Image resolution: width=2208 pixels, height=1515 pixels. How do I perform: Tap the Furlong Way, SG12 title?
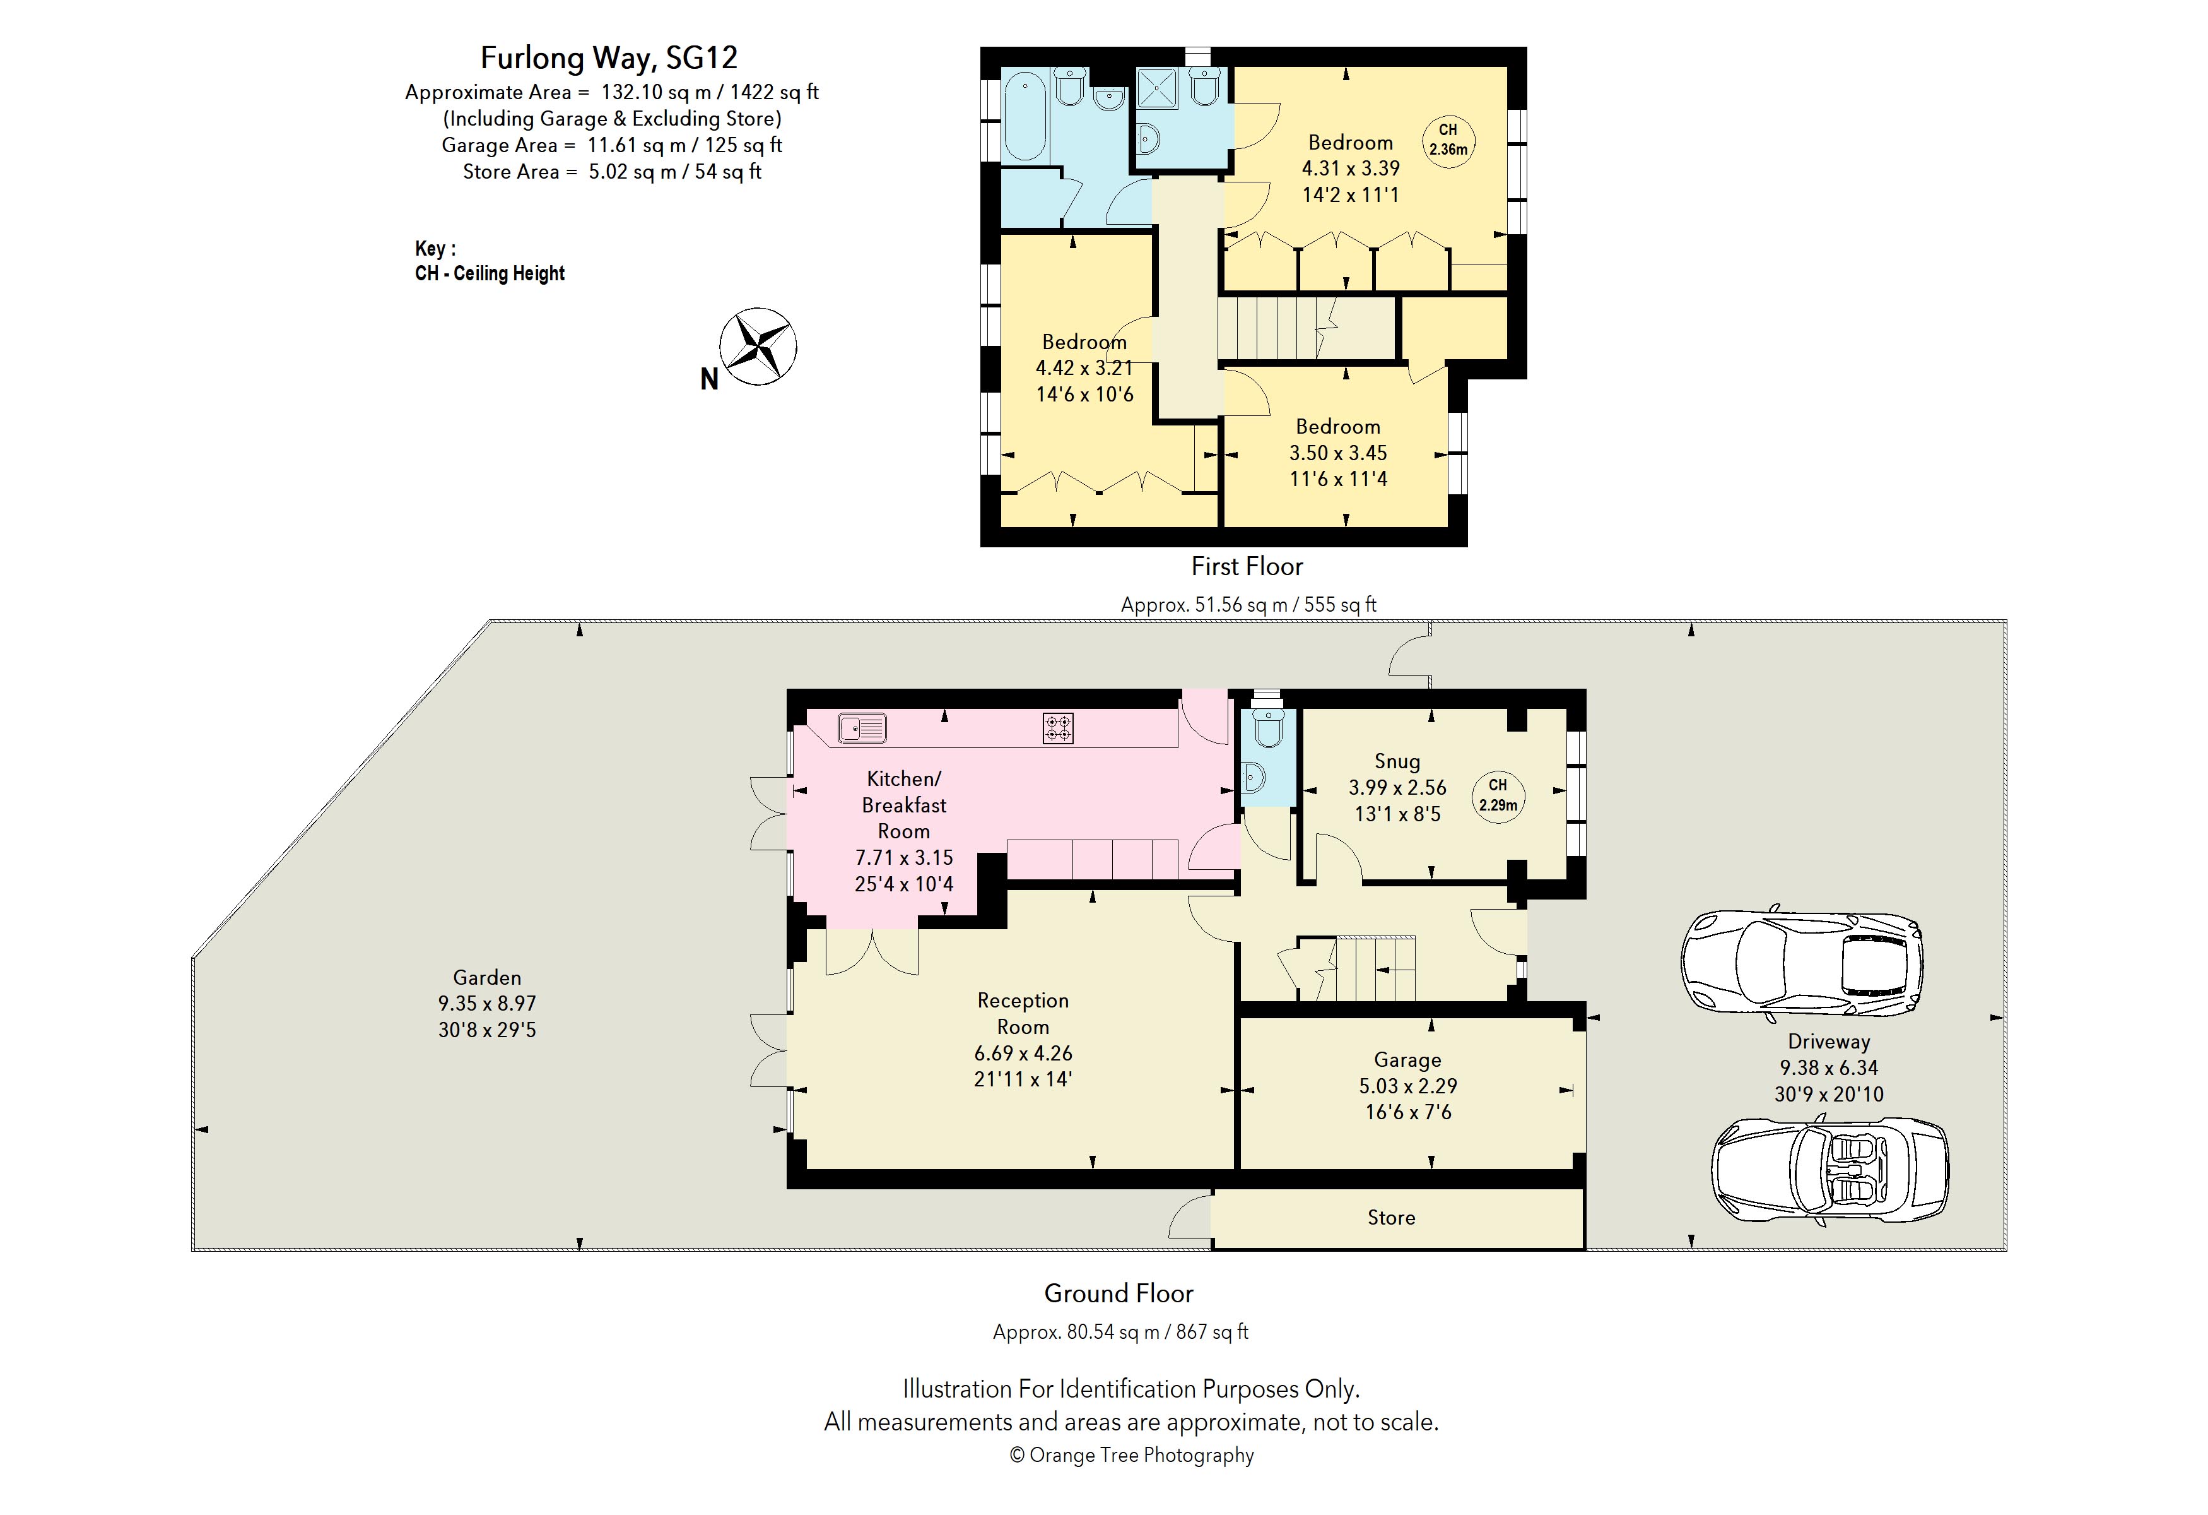pyautogui.click(x=609, y=58)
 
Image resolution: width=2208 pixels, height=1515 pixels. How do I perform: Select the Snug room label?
pyautogui.click(x=1397, y=761)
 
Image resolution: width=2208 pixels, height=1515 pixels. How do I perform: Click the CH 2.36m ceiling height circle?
pyautogui.click(x=1448, y=140)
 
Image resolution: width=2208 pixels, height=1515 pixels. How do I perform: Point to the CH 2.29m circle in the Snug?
pyautogui.click(x=1498, y=797)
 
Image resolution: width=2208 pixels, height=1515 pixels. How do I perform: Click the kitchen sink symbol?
pyautogui.click(x=862, y=729)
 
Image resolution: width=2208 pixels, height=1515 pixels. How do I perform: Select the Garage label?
pyautogui.click(x=1407, y=1060)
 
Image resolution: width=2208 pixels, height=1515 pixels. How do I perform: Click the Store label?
pyautogui.click(x=1391, y=1218)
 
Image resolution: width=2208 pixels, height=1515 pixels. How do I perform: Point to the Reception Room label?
pyautogui.click(x=1023, y=1013)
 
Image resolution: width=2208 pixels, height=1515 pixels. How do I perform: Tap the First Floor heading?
pyautogui.click(x=1247, y=566)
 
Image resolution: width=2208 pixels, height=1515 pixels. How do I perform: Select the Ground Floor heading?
pyautogui.click(x=1119, y=1293)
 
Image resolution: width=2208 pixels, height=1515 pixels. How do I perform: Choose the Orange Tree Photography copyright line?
pyautogui.click(x=1132, y=1455)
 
